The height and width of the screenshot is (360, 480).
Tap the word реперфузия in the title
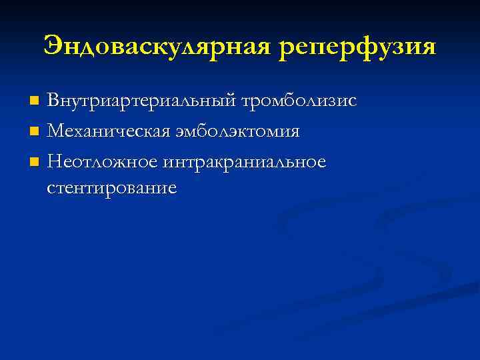click(x=357, y=47)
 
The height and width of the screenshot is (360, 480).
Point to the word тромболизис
click(x=299, y=101)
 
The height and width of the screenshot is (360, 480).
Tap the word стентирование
click(x=112, y=188)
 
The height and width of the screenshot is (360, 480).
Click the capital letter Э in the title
click(x=53, y=47)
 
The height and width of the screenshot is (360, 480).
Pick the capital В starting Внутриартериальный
click(x=53, y=101)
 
